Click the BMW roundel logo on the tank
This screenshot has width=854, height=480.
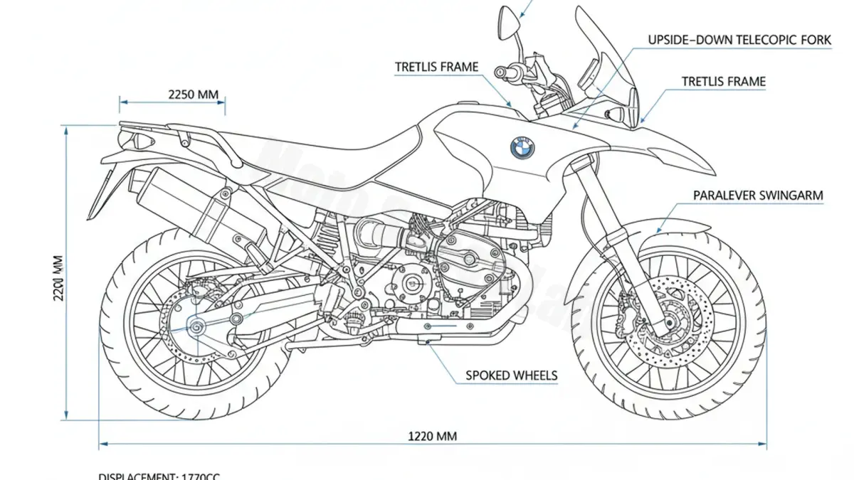tap(522, 147)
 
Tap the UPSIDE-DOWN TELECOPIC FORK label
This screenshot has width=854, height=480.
tap(739, 40)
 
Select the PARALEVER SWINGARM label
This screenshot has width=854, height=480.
tap(758, 195)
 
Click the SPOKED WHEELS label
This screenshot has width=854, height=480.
tap(511, 375)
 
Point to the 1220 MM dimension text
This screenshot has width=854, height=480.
tap(432, 436)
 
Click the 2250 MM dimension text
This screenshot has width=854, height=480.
tap(193, 93)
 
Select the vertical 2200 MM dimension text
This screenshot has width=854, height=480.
tap(59, 277)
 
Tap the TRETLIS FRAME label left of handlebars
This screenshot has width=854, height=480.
tap(437, 67)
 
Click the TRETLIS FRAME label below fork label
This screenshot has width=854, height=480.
tap(724, 82)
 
